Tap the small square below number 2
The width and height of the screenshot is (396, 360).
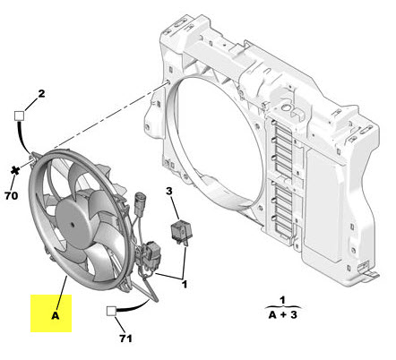(x=20, y=116)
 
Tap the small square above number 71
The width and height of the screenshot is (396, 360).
(x=110, y=313)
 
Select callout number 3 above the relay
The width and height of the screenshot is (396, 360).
(x=168, y=191)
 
